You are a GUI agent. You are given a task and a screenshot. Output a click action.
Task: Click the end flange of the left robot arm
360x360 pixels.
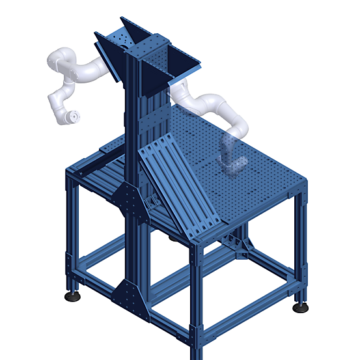click(73, 117)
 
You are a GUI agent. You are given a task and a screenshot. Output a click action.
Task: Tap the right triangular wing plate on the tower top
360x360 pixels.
click(186, 62)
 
